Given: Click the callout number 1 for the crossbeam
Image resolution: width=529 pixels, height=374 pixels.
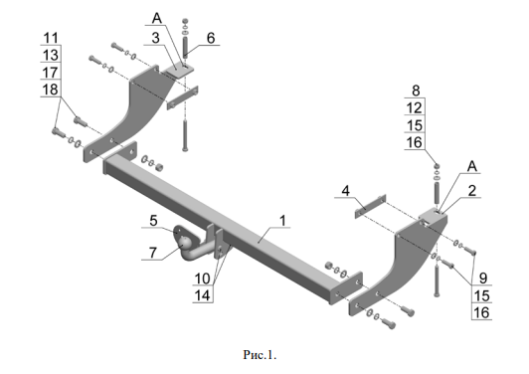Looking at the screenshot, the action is pos(282,221).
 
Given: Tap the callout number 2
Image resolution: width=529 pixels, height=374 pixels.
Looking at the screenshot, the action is pos(472,191).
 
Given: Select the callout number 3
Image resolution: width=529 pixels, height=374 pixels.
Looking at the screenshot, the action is pos(155,38).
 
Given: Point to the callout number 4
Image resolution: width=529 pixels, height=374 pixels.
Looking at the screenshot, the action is pos(345,191).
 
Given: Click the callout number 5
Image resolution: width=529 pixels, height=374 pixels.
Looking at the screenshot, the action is pos(153,221).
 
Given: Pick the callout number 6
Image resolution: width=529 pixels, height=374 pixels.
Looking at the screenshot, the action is pos(211,38).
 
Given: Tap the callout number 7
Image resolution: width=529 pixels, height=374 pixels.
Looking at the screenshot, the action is pos(153,253).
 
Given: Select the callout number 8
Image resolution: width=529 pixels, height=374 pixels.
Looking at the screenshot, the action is pos(416,91).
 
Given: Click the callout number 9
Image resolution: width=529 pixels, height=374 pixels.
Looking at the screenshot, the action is pos(483,279).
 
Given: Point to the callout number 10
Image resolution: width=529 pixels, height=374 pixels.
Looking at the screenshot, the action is pos(203,279).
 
